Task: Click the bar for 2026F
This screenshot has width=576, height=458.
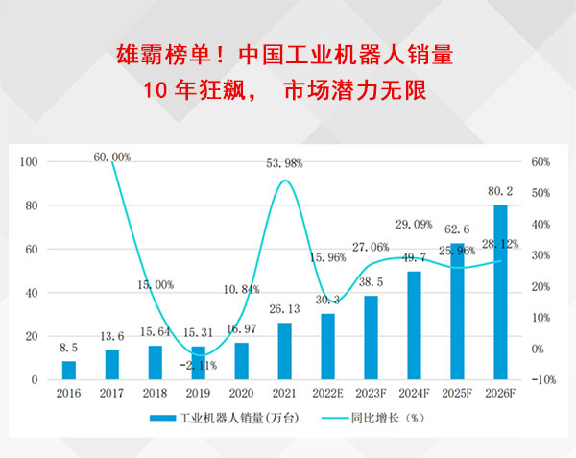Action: point(500,292)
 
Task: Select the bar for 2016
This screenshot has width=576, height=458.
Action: point(68,370)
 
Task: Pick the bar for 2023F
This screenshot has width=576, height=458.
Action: point(371,337)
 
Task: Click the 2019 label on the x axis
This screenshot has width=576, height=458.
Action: point(198,393)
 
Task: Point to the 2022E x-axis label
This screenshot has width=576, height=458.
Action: point(327,393)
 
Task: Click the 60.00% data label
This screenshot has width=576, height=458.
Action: point(112,157)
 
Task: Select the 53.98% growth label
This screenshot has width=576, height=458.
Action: point(285,164)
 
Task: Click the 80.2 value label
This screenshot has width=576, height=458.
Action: point(500,191)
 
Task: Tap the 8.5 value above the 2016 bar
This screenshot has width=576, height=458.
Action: point(68,348)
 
